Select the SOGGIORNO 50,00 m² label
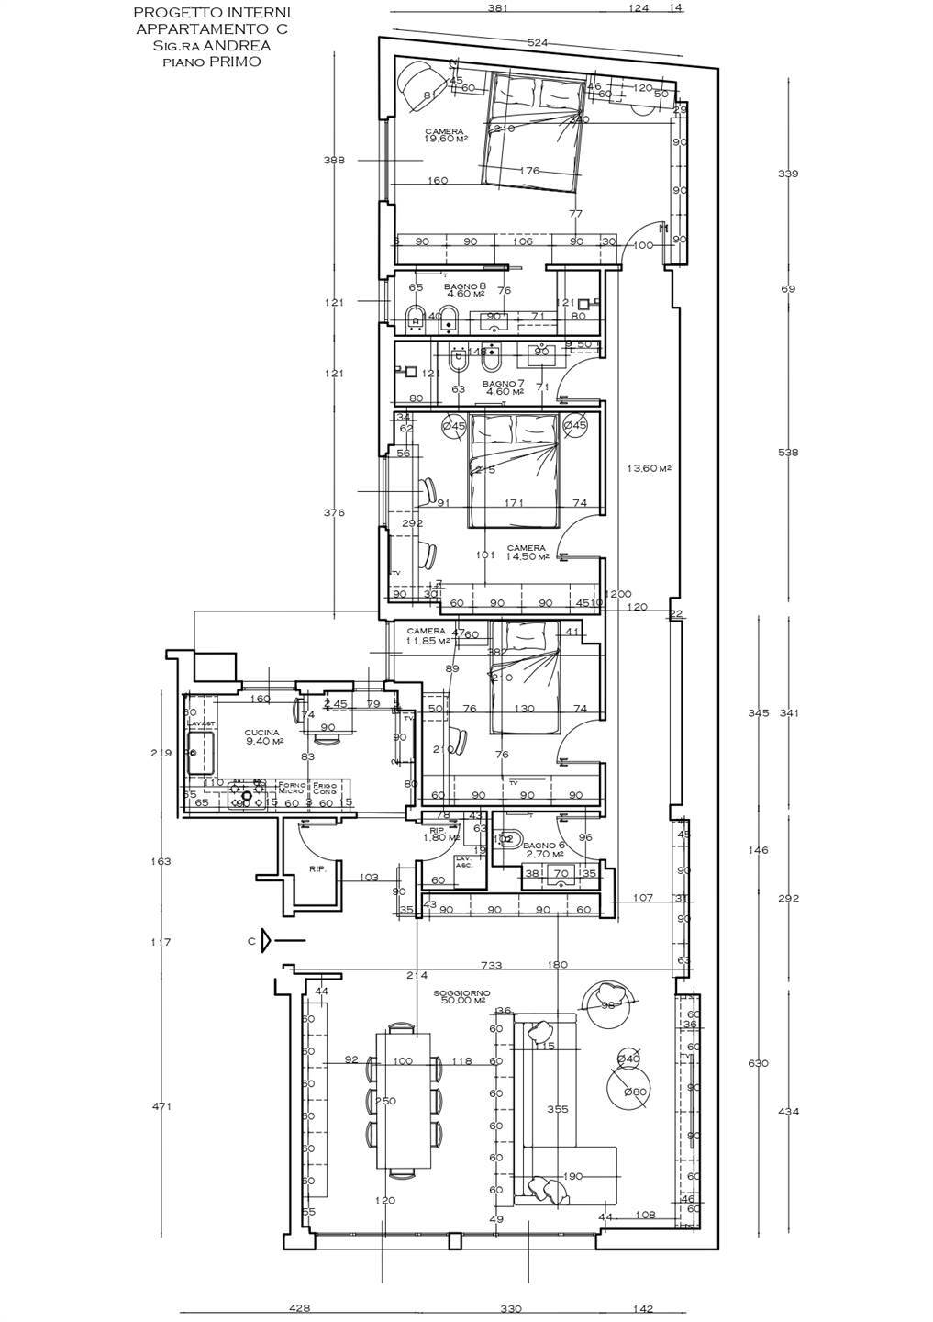click(462, 998)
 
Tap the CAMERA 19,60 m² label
click(446, 135)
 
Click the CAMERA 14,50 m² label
click(528, 553)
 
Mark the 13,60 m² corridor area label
click(649, 468)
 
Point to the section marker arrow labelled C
click(265, 939)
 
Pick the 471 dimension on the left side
click(161, 1107)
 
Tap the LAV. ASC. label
click(464, 863)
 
